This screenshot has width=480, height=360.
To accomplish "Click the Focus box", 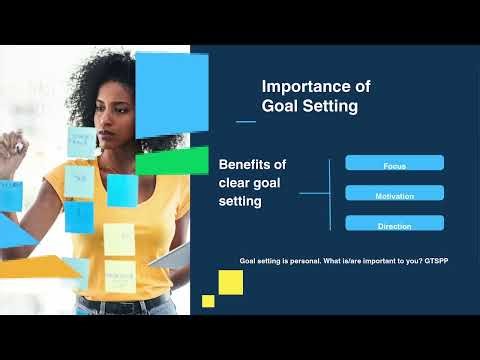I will tap(394, 163).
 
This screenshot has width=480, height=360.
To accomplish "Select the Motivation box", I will tap(394, 194).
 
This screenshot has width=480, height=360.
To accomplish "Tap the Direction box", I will tap(394, 224).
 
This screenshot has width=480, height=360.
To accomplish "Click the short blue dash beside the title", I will tap(245, 121).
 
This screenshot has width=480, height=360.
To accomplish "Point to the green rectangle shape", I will tap(172, 161).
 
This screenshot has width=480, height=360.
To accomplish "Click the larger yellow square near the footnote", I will tap(231, 283).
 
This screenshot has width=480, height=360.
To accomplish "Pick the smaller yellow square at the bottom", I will tap(208, 300).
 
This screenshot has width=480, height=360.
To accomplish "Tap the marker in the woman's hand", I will tap(17, 146).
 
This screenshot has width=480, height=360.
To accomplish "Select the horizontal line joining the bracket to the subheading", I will tap(313, 193).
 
